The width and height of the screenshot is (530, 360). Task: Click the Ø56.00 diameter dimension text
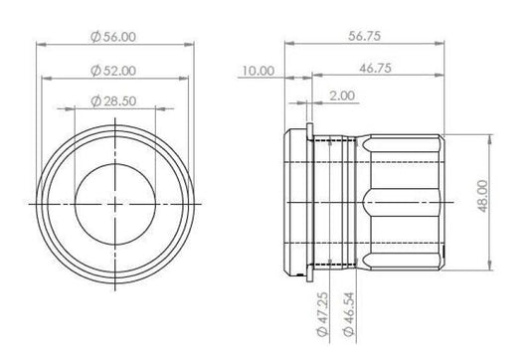pyautogui.click(x=113, y=37)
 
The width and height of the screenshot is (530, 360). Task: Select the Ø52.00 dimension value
pyautogui.click(x=113, y=71)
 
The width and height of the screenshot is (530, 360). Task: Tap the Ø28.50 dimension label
pyautogui.click(x=113, y=101)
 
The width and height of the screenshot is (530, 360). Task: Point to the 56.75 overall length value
pyautogui.click(x=364, y=36)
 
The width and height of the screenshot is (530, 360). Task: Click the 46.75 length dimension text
pyautogui.click(x=375, y=69)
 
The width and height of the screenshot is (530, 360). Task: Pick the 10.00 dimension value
pyautogui.click(x=258, y=71)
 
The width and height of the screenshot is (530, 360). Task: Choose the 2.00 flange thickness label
pyautogui.click(x=342, y=95)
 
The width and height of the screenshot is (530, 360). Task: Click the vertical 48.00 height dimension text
pyautogui.click(x=483, y=196)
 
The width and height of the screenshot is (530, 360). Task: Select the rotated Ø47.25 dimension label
pyautogui.click(x=323, y=314)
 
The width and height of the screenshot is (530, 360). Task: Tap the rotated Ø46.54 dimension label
pyautogui.click(x=348, y=314)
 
